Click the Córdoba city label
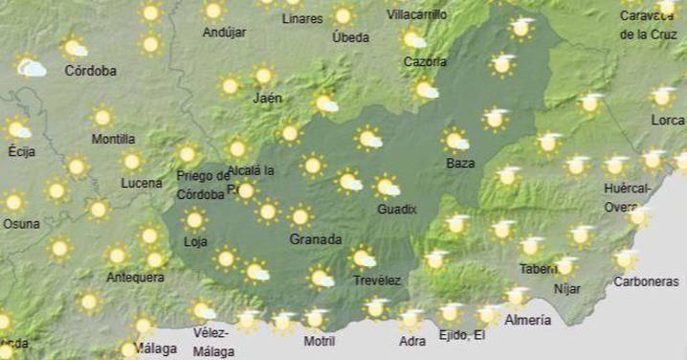click(x=91, y=71)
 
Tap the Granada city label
click(x=315, y=239)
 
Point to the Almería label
click(x=527, y=320)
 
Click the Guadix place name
click(x=396, y=209)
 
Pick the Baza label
click(x=460, y=164)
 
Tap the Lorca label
click(x=667, y=121)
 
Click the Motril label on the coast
click(x=319, y=341)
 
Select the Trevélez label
click(x=376, y=280)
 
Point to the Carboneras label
click(x=645, y=282)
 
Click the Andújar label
click(x=224, y=33)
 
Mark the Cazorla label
click(x=425, y=62)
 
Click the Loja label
click(x=195, y=242)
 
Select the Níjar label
click(x=568, y=287)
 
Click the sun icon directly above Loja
click(x=195, y=220)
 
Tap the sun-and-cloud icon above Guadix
click(x=387, y=186)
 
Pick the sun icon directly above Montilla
click(x=102, y=117)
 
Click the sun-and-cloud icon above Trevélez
click(x=363, y=257)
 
